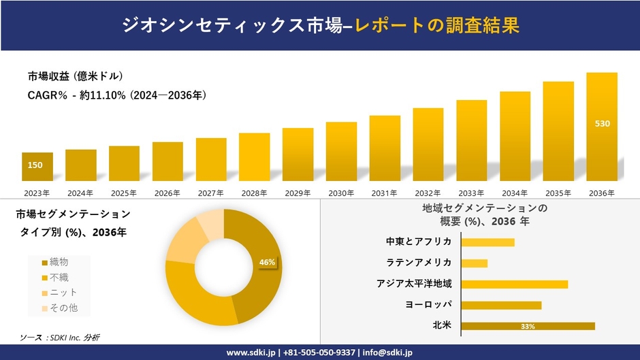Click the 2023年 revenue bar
(x=37, y=167)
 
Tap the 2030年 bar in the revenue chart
(x=341, y=151)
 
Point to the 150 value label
(x=35, y=165)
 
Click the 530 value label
(x=603, y=124)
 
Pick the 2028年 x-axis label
(x=254, y=193)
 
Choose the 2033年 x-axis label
(x=471, y=193)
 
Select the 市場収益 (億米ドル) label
(x=75, y=76)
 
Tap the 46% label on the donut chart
(x=267, y=262)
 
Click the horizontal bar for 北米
(x=528, y=326)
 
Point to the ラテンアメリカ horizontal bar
(x=475, y=263)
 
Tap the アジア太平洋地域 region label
(x=414, y=283)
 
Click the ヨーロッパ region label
(x=428, y=304)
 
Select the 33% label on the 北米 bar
(x=528, y=327)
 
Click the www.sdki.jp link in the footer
(x=251, y=352)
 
